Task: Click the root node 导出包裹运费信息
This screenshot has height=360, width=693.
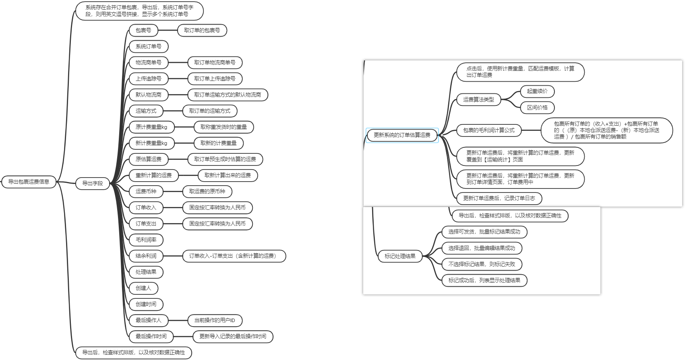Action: coord(29,182)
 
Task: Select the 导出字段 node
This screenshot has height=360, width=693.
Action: coord(93,183)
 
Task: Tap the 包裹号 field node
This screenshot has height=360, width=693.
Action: coord(143,30)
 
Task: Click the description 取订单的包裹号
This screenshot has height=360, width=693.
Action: coord(202,30)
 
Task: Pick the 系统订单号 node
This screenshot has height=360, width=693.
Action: coord(149,46)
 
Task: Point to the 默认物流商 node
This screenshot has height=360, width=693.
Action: coord(149,95)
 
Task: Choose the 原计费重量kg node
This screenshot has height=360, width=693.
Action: coord(151,127)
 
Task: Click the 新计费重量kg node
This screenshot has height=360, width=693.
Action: coord(151,143)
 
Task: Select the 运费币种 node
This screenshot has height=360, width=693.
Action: coord(146,191)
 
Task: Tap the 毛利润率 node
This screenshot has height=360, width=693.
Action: coord(146,240)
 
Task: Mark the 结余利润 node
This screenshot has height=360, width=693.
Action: coord(146,256)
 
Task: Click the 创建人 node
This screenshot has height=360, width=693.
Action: coord(143,288)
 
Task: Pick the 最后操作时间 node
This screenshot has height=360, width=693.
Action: coord(151,336)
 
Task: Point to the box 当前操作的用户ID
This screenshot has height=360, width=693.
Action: coord(215,320)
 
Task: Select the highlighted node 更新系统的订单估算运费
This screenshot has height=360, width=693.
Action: coord(402,135)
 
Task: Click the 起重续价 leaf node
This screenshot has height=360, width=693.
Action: coord(537,91)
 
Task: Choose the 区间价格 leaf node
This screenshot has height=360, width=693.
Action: coord(537,108)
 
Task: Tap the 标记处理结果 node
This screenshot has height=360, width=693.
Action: coord(400,256)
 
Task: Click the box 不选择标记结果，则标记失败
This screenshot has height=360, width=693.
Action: coord(482,264)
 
